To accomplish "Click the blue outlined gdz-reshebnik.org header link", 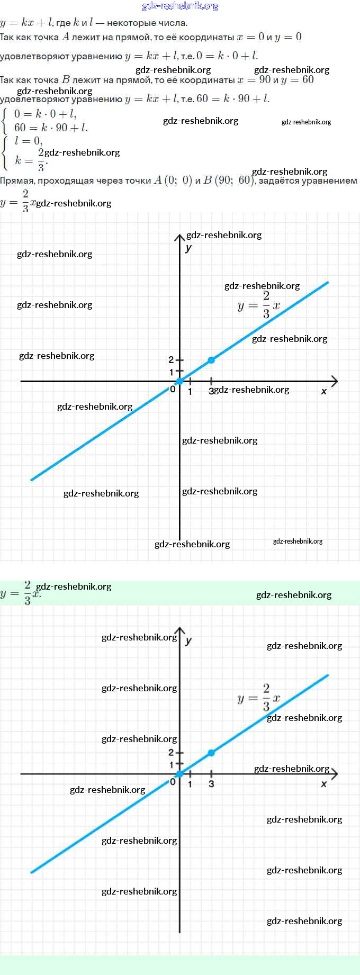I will [x=180, y=6].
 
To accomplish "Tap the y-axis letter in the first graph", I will [x=188, y=247].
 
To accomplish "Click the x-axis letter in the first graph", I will [x=323, y=392].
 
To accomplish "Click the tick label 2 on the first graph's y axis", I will [x=171, y=360].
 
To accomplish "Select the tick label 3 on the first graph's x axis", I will [x=211, y=392].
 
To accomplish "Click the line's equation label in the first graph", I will [x=258, y=305].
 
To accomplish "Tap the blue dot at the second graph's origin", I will [x=179, y=774].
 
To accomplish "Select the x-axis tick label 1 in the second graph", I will [x=190, y=784].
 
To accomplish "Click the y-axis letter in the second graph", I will [x=188, y=640].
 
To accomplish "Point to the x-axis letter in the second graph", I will [x=323, y=784].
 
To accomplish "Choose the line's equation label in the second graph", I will [x=258, y=698].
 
